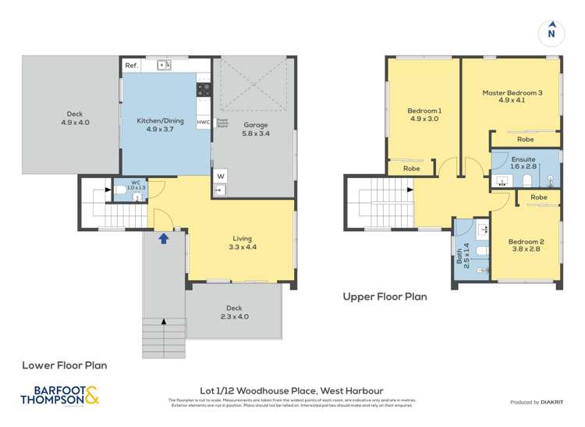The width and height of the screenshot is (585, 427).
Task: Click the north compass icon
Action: coord(551,33)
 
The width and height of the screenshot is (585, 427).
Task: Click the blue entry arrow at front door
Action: coord(164,238)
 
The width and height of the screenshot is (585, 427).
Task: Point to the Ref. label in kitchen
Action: coord(132,66)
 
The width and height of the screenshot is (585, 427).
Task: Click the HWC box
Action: coord(203,123)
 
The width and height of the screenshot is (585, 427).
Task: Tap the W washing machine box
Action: coord(219,176)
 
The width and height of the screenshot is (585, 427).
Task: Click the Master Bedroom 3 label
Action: coord(512,97)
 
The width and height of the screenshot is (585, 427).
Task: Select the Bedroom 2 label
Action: coord(526,246)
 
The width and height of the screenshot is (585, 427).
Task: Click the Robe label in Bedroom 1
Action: coord(411,169)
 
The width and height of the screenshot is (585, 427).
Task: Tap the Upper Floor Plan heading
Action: coord(385,297)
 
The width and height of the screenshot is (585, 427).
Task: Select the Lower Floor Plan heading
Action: coord(64,365)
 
